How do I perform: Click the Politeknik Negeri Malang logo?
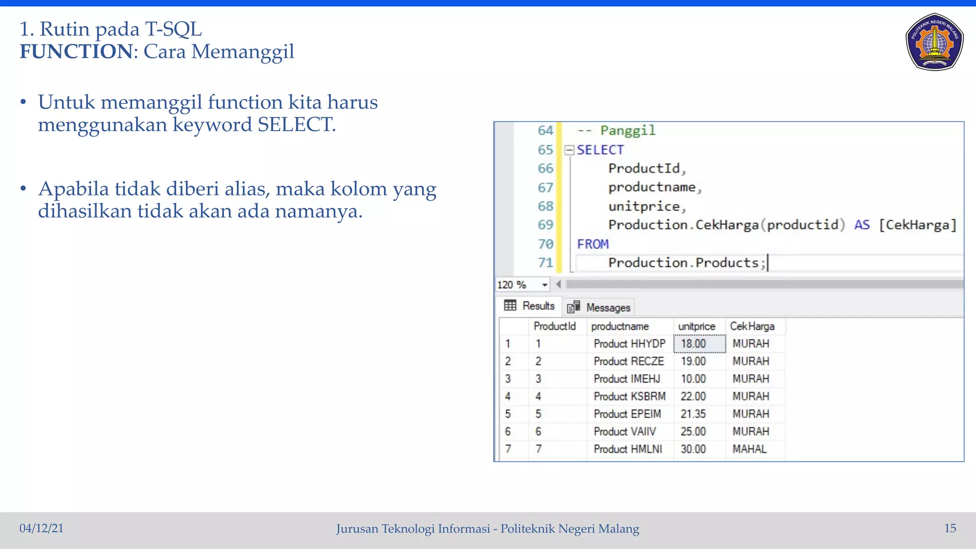coord(934,42)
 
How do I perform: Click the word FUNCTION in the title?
coord(76,51)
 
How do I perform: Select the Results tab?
coord(530,306)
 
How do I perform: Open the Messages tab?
coord(599,307)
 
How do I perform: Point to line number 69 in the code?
coord(545,225)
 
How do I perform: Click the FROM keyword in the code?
coord(593,244)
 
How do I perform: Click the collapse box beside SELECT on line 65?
coord(569,150)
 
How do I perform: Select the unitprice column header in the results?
coord(696,326)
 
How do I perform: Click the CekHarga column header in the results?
coord(752,326)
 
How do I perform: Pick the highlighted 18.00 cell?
coord(699,344)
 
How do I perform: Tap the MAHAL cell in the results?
coord(750,449)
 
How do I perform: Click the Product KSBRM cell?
coord(629,396)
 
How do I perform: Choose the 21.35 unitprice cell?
coord(693,414)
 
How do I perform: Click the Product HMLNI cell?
coord(628,449)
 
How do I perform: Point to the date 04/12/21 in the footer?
coord(41,528)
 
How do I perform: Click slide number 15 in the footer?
coord(950,528)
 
